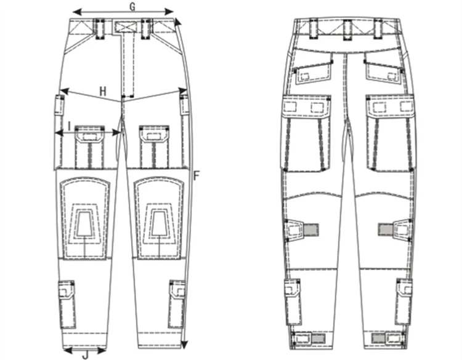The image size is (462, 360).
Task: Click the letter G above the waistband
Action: point(132,6)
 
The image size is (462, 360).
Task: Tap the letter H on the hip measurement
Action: point(103,91)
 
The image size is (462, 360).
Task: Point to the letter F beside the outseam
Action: point(196,175)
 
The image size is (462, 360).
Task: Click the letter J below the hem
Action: point(85,355)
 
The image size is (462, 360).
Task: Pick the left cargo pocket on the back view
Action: point(306,132)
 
